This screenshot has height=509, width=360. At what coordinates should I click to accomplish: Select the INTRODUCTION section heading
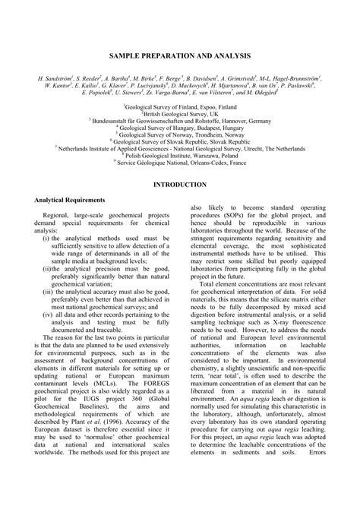coord(179,185)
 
